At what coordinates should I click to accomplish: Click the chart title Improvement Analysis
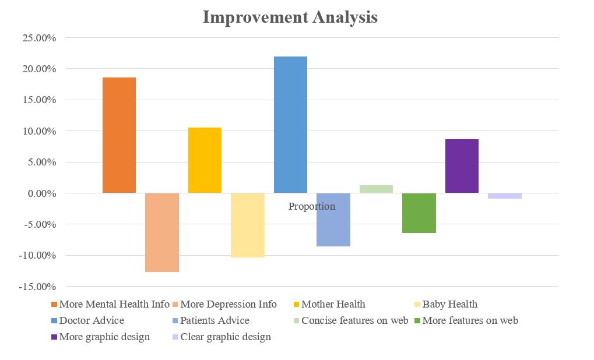click(290, 17)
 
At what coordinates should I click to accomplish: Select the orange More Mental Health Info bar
click(119, 135)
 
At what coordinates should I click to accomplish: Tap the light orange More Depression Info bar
click(162, 232)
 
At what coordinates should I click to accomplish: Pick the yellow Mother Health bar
click(205, 160)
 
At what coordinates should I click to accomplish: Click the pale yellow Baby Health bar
click(248, 225)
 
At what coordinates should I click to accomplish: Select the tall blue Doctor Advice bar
click(290, 125)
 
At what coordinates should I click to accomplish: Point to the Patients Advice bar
click(333, 220)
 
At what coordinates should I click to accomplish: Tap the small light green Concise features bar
click(376, 189)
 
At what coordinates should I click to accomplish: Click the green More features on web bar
click(419, 213)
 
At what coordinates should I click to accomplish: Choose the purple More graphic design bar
click(462, 166)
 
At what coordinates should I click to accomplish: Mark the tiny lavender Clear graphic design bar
click(505, 196)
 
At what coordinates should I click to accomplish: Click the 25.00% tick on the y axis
click(39, 38)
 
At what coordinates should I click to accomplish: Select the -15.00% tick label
click(37, 287)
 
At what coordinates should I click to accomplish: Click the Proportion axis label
click(312, 206)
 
